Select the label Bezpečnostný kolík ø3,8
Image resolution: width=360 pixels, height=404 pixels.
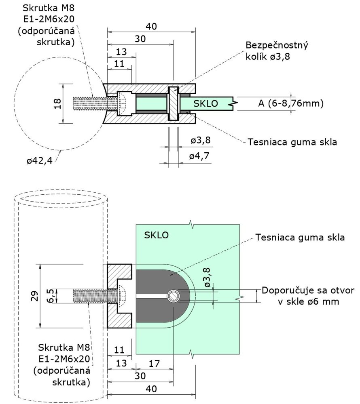pyautogui.click(x=277, y=50)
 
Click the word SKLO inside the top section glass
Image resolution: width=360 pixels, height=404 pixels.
pyautogui.click(x=205, y=103)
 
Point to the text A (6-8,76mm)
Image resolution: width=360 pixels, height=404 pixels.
pyautogui.click(x=291, y=103)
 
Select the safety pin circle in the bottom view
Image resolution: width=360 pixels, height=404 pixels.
pyautogui.click(x=174, y=296)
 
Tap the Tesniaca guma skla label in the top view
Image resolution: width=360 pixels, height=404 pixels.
pyautogui.click(x=292, y=142)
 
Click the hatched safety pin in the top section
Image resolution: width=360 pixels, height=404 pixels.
pyautogui.click(x=174, y=103)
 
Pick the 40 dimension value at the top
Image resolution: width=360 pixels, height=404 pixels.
pyautogui.click(x=151, y=27)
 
